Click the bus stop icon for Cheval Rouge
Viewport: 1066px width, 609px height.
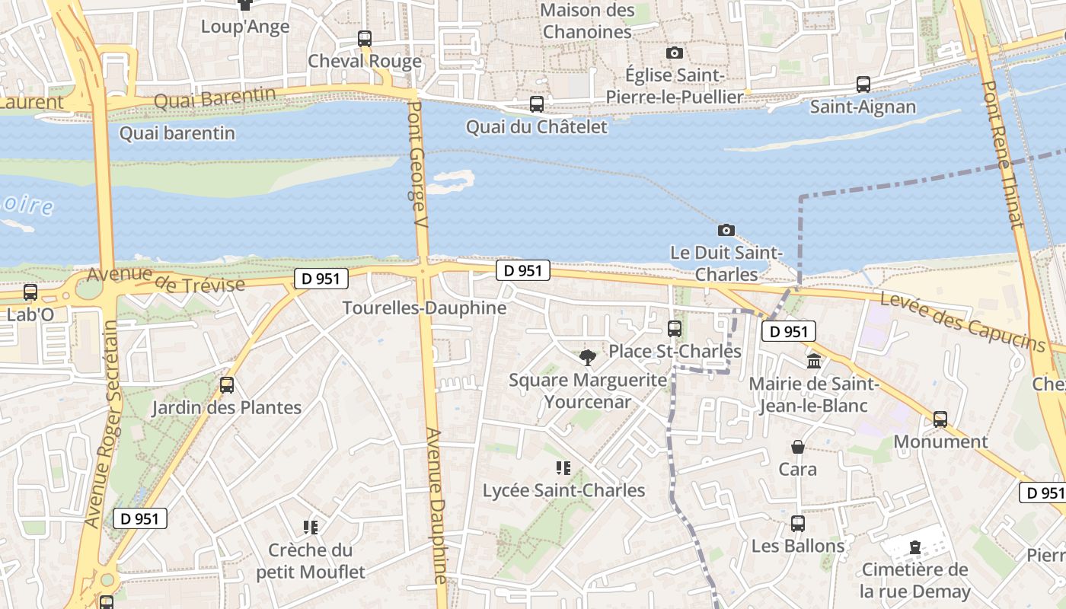point(365,38)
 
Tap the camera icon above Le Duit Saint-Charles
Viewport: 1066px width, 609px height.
point(726,230)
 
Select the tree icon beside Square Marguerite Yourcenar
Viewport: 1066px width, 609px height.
point(587,357)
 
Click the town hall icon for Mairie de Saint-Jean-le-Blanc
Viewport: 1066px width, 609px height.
point(814,361)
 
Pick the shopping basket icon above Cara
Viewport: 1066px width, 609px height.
point(797,447)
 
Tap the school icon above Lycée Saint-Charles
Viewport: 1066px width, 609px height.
point(563,467)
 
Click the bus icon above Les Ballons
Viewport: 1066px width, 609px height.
point(797,524)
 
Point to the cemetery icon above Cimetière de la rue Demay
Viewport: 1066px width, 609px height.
point(914,547)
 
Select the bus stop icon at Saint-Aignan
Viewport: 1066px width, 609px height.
point(863,84)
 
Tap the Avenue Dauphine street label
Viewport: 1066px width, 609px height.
point(437,505)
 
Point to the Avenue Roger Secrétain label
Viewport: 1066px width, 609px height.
point(102,424)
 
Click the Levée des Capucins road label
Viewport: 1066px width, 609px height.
point(963,322)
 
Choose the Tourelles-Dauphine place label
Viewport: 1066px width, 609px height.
point(424,308)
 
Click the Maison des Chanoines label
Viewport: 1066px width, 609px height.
point(587,21)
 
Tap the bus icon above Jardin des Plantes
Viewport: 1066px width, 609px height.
point(226,385)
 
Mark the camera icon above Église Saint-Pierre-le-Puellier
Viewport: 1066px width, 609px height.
point(674,53)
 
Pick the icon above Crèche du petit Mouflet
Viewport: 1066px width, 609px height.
point(310,527)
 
